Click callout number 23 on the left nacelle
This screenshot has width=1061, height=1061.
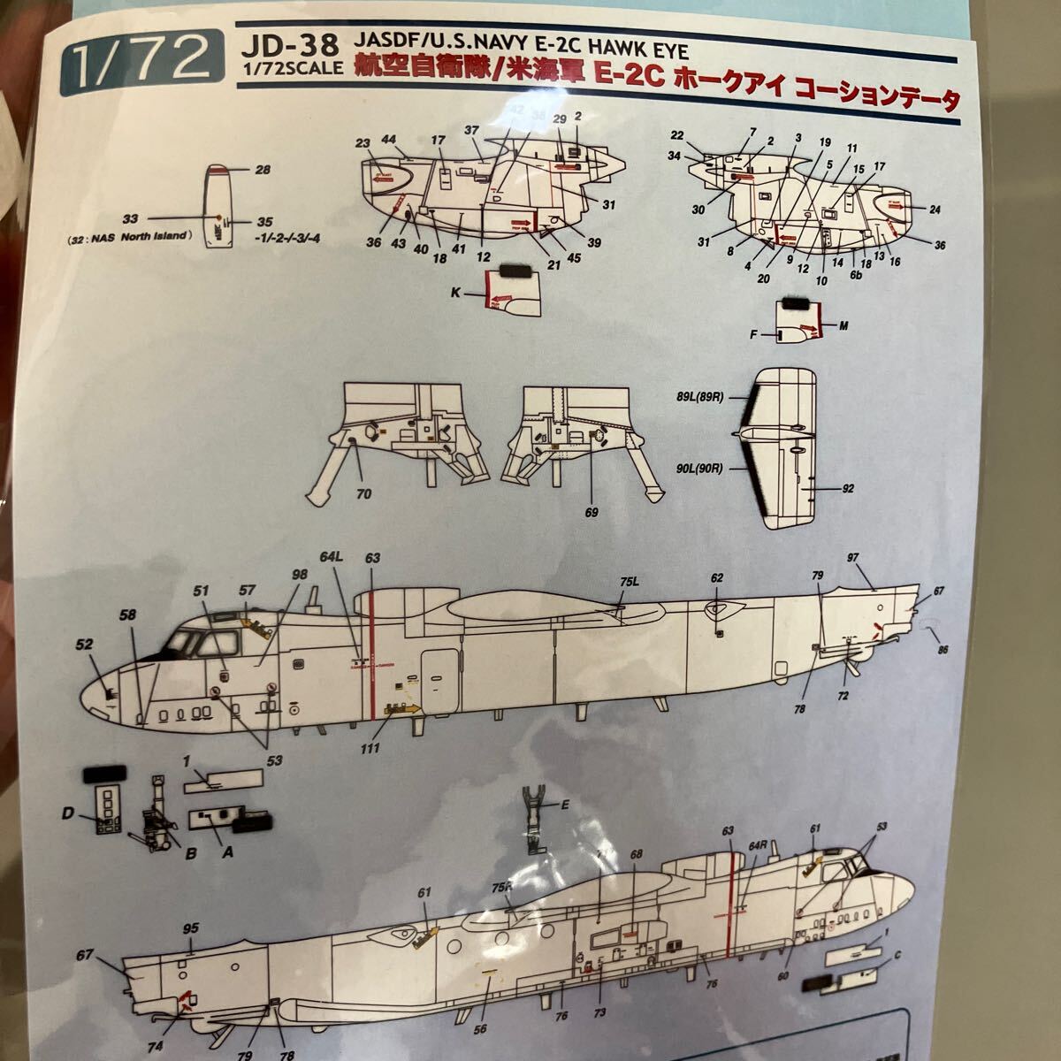click(x=363, y=142)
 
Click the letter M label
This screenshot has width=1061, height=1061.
click(x=843, y=326)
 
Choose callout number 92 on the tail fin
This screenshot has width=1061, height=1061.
click(x=849, y=487)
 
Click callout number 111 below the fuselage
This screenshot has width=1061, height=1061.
click(x=383, y=748)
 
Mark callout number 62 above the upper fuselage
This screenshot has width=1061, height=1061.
click(x=717, y=577)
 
